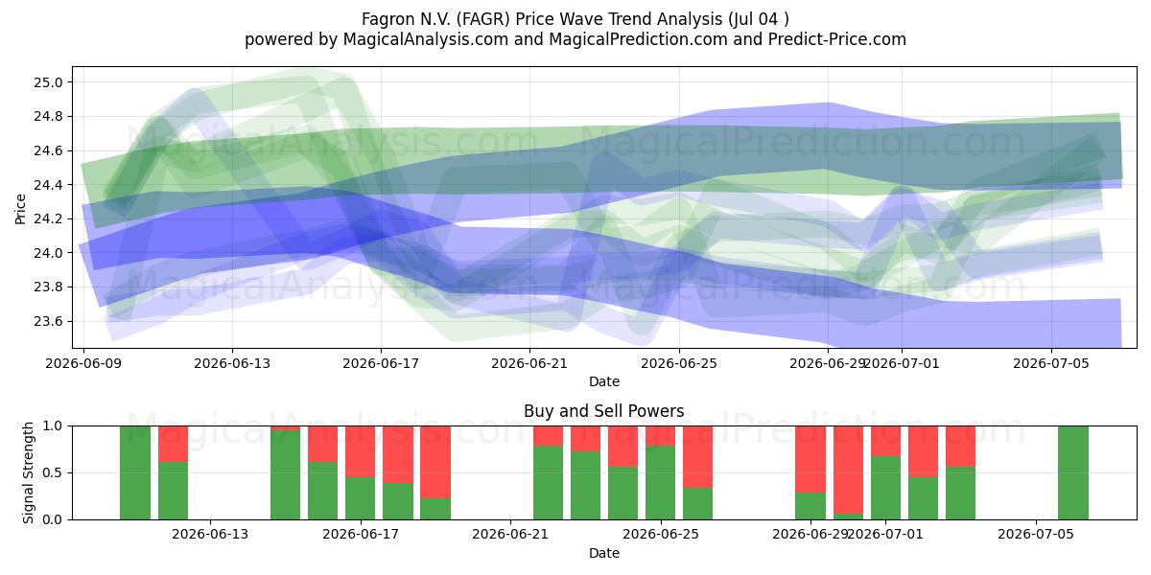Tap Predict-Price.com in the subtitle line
tap(837, 39)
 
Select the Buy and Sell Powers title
tap(603, 411)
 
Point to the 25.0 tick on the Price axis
tap(48, 82)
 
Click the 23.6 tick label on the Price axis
tap(48, 321)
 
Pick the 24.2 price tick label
tap(48, 218)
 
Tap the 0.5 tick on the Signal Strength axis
tap(53, 472)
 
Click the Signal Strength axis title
tap(28, 472)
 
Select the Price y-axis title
tap(20, 209)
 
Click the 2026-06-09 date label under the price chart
tap(83, 363)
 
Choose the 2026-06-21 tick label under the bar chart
tap(510, 534)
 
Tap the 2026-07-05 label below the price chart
tap(1051, 363)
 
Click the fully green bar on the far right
tap(1073, 472)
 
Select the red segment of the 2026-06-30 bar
tap(848, 470)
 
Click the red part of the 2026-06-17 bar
tap(398, 454)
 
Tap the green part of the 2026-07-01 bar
tap(885, 488)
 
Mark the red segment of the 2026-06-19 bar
tap(435, 462)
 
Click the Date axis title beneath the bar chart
tap(603, 553)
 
